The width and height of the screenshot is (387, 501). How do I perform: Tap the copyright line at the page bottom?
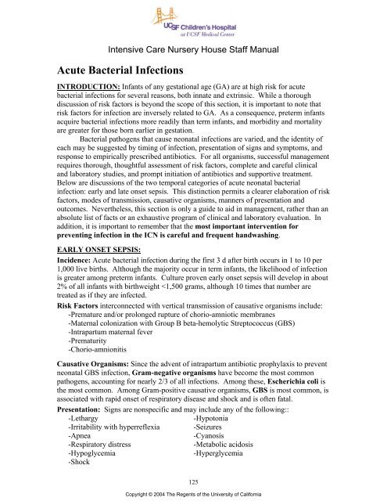pyautogui.click(x=193, y=494)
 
